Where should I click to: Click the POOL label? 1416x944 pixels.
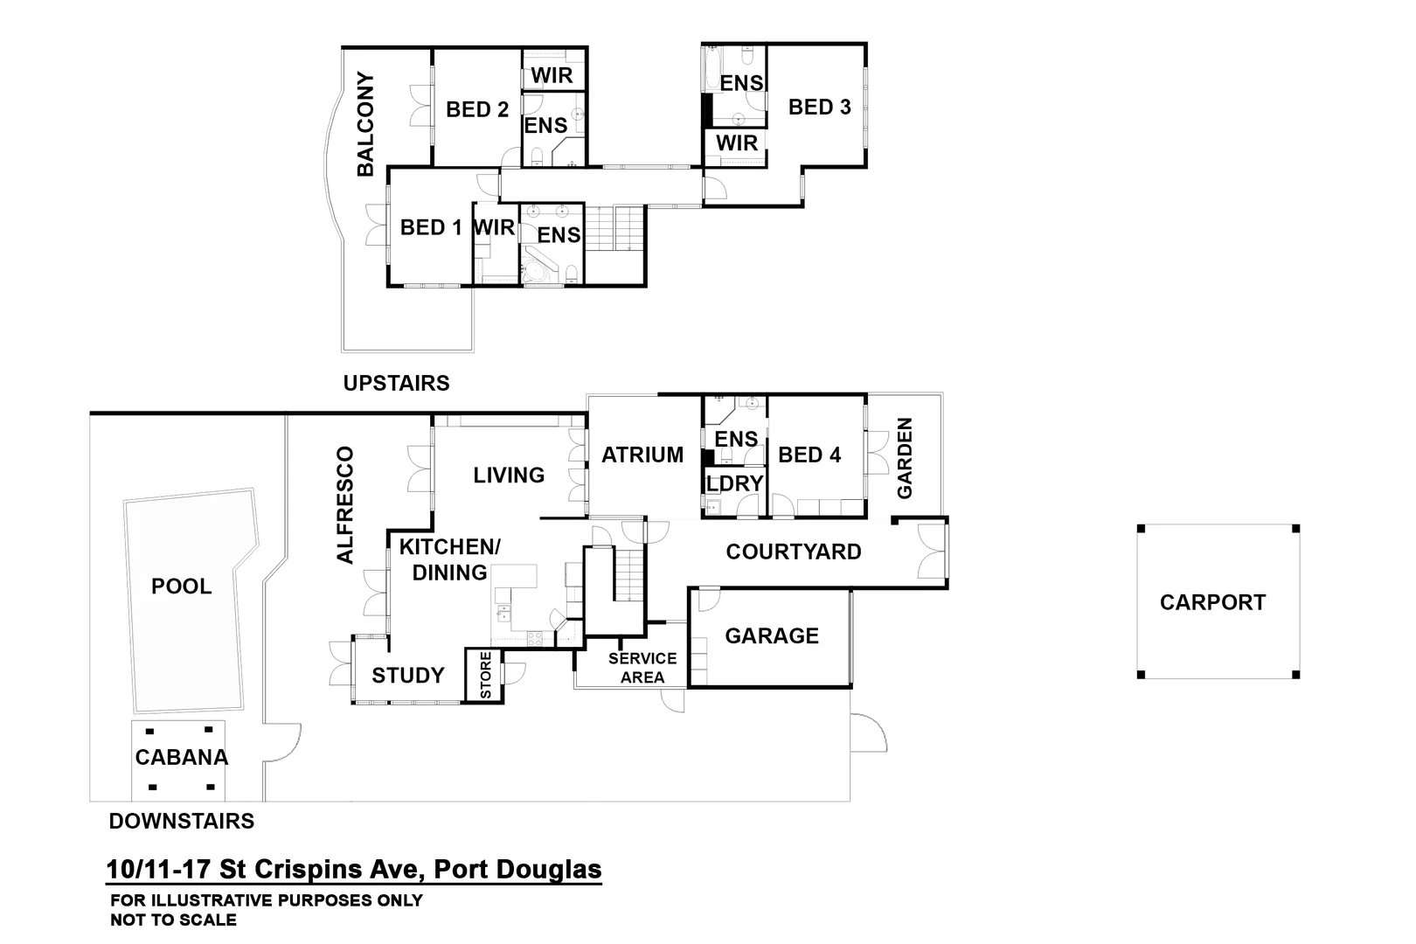coord(181,586)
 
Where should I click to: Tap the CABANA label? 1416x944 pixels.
coord(181,757)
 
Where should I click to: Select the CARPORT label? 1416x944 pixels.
coord(1212,602)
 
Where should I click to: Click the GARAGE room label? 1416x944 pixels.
coord(771,635)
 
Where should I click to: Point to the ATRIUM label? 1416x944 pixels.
coord(642,455)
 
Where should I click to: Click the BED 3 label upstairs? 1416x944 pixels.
coord(819,108)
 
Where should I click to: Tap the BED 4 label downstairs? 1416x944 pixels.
coord(809,455)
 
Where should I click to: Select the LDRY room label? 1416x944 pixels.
coord(735,483)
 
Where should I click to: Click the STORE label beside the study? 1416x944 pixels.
coord(486,675)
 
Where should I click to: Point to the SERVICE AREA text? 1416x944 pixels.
coord(642,668)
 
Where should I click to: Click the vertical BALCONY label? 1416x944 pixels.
coord(365,124)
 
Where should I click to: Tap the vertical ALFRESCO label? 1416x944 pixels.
coord(345,505)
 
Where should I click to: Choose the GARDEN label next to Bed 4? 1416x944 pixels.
coord(905,458)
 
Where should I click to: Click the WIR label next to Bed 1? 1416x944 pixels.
coord(494,227)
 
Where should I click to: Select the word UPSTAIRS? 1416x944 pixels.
coord(396,383)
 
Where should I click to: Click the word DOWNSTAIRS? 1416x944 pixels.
coord(181,821)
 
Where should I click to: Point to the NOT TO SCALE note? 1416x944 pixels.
coord(173,920)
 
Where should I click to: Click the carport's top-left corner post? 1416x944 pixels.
coord(1142,529)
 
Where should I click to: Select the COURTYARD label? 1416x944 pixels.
coord(793,552)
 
